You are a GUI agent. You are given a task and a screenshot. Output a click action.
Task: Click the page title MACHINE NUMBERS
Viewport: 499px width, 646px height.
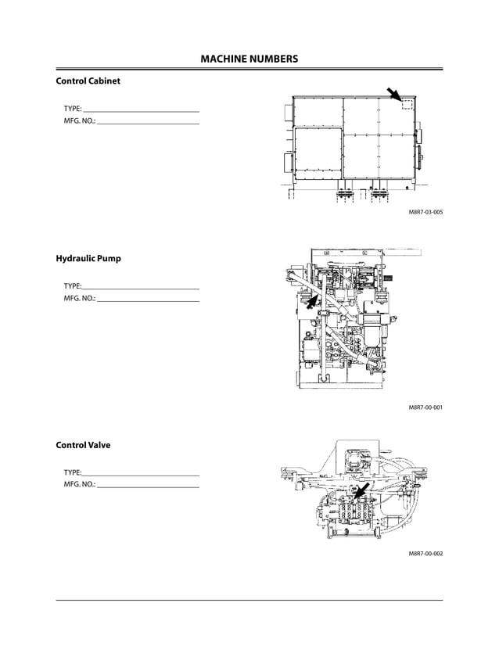[x=249, y=59]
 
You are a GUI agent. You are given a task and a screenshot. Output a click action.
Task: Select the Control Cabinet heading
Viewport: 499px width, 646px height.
[x=88, y=81]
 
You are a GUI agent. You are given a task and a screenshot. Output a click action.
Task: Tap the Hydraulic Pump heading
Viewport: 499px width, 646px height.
[x=88, y=258]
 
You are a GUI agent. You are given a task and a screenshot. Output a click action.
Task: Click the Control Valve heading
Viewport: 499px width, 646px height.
[x=83, y=445]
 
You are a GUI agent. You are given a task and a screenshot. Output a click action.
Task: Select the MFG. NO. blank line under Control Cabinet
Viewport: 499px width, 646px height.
[x=148, y=124]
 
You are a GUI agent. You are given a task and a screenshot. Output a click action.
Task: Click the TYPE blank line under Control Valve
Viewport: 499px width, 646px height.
[x=140, y=475]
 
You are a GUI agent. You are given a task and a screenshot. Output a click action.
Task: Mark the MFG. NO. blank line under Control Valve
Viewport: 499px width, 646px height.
[x=148, y=487]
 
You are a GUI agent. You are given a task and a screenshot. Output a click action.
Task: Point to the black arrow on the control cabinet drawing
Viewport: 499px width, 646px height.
[x=394, y=95]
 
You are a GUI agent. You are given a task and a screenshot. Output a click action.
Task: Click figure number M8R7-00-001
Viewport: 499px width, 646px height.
[x=425, y=407]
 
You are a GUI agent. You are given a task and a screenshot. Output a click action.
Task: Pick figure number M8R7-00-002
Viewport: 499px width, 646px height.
[x=425, y=554]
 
